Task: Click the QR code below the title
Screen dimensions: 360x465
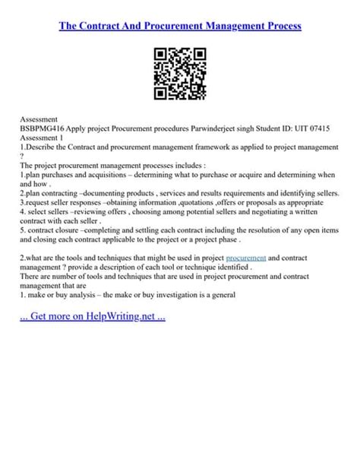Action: pos(180,74)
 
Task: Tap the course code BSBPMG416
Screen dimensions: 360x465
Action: pos(45,129)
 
